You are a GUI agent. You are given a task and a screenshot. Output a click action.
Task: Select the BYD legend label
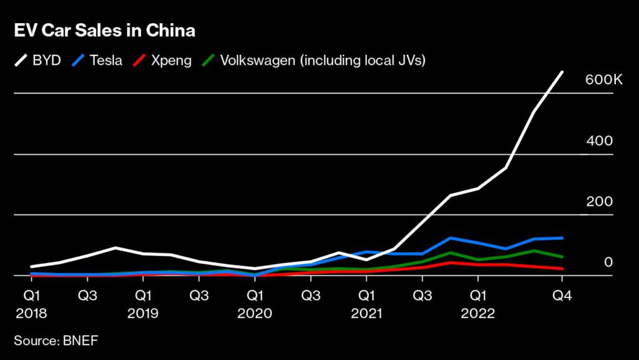click(47, 61)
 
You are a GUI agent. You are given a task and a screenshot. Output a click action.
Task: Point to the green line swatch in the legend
click(210, 61)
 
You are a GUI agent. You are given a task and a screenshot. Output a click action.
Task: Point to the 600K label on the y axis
click(603, 80)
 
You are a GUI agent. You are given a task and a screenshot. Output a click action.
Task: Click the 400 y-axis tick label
click(599, 141)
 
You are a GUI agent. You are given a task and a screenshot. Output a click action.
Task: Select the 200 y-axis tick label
click(599, 202)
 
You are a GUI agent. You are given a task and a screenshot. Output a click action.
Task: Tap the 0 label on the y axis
click(608, 262)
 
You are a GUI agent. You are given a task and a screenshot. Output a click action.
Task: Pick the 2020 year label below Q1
click(255, 313)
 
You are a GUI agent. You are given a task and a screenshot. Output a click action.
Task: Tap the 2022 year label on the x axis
click(478, 313)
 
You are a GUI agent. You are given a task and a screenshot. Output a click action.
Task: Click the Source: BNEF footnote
click(56, 341)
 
